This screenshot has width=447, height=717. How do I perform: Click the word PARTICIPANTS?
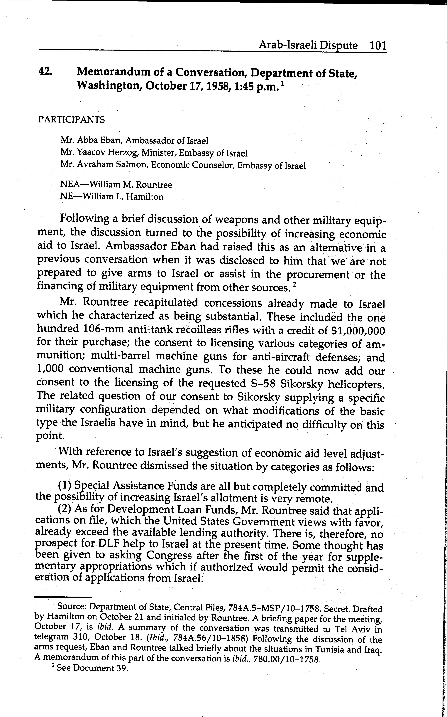tap(72, 120)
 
